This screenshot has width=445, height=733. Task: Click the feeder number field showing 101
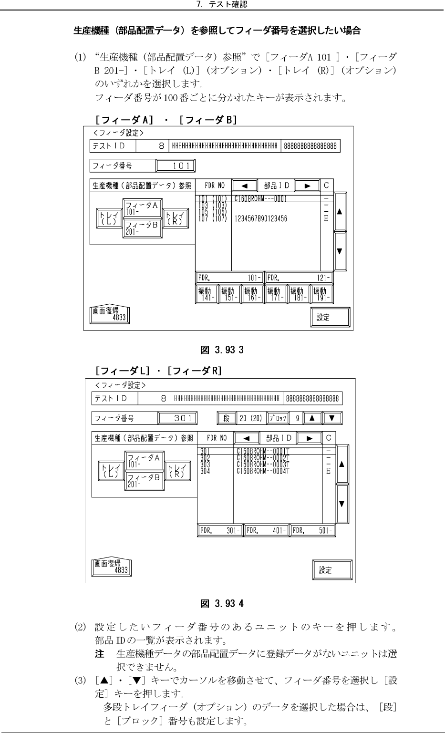pos(176,166)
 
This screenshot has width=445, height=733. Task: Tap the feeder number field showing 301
pos(177,418)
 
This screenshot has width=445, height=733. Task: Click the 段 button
pos(227,418)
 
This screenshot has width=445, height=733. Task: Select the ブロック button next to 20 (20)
pos(278,418)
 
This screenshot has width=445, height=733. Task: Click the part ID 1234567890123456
pos(260,219)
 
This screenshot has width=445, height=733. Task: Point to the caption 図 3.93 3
pos(222,350)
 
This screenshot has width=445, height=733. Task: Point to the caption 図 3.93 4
pos(222,603)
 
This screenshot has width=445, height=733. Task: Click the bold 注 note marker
pos(100,653)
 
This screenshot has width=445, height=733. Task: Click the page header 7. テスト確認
pos(222,5)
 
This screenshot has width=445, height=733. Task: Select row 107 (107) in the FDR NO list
pos(212,219)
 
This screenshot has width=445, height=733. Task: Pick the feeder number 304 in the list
pos(205,471)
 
